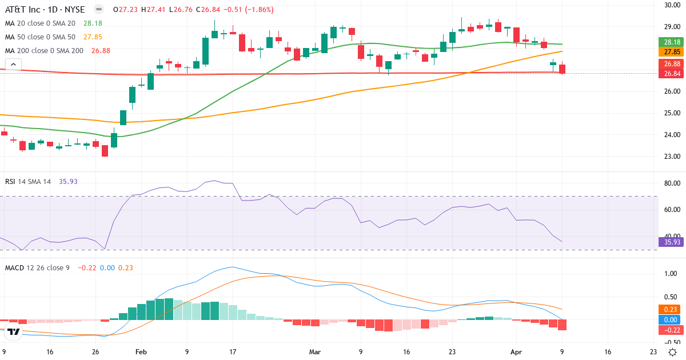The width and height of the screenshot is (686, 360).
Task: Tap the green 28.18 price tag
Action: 671,42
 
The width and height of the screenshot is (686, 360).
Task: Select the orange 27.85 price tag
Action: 671,51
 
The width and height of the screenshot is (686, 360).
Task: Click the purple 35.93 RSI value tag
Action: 671,242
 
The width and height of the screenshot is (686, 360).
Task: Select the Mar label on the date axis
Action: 315,352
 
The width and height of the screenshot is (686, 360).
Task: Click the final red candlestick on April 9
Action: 562,69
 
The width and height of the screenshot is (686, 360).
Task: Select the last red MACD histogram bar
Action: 562,325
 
